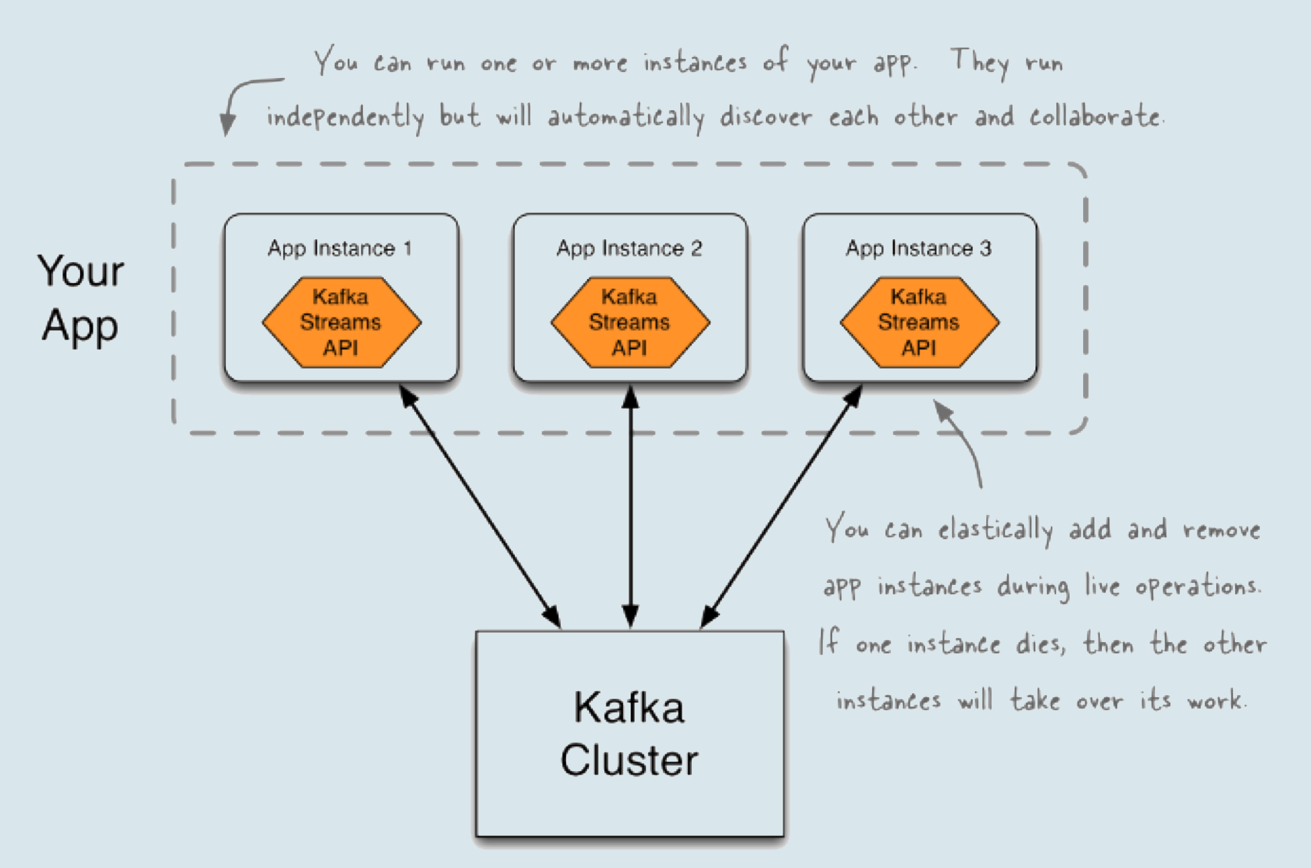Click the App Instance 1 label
click(340, 248)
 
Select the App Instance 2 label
click(629, 248)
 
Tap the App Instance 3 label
click(918, 248)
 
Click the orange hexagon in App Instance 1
click(341, 322)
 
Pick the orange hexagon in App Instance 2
click(630, 322)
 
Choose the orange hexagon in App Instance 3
click(919, 322)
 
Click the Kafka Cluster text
click(629, 734)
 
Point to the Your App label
click(81, 299)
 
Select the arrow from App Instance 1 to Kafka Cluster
click(480, 507)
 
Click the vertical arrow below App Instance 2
click(630, 508)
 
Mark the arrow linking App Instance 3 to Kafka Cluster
click(781, 507)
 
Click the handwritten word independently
click(346, 118)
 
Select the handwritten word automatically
click(625, 118)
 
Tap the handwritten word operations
click(1197, 587)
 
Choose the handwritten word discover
click(766, 118)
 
